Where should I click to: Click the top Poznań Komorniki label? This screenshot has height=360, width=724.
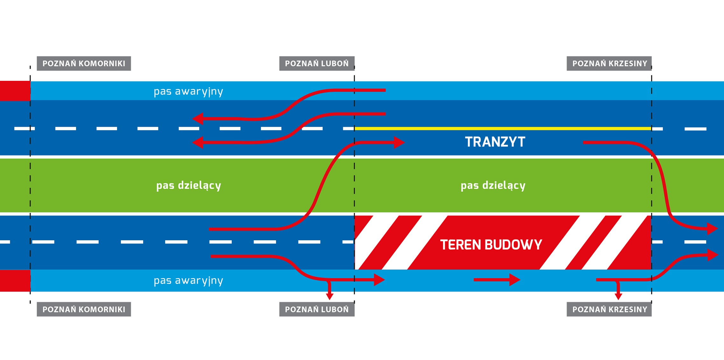coord(84,63)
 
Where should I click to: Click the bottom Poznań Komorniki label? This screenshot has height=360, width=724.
coord(84,309)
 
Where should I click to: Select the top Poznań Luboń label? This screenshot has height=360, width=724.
coord(317,63)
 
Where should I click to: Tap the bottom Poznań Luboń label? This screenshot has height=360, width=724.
coord(317,309)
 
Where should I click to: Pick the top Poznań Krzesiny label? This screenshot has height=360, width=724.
coord(609,63)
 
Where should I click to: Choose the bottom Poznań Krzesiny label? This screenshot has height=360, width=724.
coord(609,309)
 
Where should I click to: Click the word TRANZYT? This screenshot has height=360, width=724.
coord(495,142)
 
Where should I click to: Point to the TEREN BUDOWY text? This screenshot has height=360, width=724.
coord(491,245)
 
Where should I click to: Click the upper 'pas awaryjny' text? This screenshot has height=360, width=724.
coord(188,91)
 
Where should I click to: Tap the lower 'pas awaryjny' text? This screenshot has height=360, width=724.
coord(188,280)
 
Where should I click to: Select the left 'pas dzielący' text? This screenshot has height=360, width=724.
coord(188,185)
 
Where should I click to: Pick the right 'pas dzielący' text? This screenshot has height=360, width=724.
coord(493,185)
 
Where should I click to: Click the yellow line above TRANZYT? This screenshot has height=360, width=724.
coord(503,129)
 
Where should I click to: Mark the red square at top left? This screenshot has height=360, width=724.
coord(15,91)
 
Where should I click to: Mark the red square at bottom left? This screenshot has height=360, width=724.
coord(15,280)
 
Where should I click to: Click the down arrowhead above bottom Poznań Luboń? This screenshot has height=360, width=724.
coord(330,296)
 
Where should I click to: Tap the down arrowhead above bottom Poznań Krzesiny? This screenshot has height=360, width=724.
coord(618,296)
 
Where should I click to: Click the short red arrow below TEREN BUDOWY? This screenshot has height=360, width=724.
coord(496,280)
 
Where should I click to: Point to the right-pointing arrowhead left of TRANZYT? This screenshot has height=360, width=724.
coord(398,142)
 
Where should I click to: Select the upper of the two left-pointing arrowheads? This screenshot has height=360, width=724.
coord(198,119)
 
